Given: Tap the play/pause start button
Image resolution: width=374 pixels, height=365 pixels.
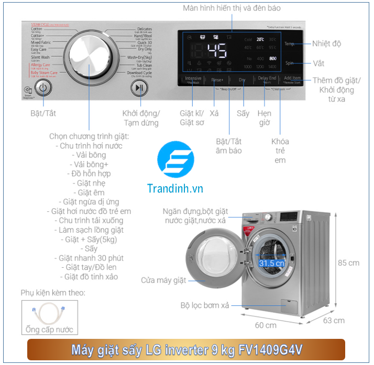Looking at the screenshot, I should pyautogui.click(x=139, y=88).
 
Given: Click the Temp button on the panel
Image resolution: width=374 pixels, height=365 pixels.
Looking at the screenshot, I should pyautogui.click(x=289, y=44).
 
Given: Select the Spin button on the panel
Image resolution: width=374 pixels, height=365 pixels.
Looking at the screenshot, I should pyautogui.click(x=289, y=63).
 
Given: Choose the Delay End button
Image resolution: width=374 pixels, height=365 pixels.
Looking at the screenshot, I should pyautogui.click(x=267, y=79).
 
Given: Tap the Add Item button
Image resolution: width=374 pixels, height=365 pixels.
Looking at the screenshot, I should pyautogui.click(x=292, y=79).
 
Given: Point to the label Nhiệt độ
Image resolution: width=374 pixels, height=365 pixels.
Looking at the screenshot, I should pyautogui.click(x=326, y=44).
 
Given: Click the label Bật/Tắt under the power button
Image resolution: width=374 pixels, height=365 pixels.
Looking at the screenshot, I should pyautogui.click(x=42, y=113).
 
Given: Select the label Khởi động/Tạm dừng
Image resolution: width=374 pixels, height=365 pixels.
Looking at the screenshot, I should pyautogui.click(x=141, y=118).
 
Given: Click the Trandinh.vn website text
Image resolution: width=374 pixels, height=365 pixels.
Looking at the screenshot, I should pyautogui.click(x=175, y=189).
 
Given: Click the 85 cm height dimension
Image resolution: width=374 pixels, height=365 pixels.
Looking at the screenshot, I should pyautogui.click(x=348, y=263).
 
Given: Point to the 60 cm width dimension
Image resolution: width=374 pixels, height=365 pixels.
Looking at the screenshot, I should pyautogui.click(x=266, y=325).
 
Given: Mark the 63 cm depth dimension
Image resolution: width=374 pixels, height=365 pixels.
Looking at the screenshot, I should pyautogui.click(x=334, y=320).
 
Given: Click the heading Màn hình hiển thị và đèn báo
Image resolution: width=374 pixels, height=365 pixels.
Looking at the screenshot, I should pyautogui.click(x=232, y=8).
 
